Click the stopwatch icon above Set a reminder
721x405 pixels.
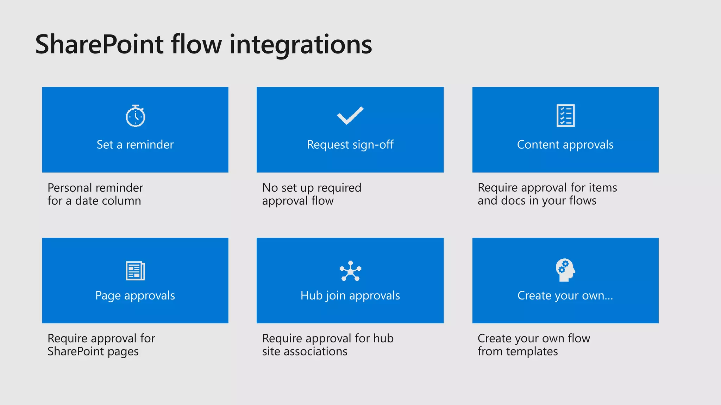136,116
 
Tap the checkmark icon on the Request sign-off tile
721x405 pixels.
350,115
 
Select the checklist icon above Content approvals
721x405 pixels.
565,115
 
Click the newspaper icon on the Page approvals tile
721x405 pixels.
136,271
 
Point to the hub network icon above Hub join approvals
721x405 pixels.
350,271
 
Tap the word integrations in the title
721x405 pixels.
301,45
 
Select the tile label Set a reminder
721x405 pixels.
135,144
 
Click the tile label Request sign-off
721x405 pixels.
350,144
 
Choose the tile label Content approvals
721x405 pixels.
565,144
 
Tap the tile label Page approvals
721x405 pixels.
135,295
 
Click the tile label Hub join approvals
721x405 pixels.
350,295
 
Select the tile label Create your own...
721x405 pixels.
565,295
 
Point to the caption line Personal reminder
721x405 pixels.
95,188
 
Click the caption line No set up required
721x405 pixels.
312,188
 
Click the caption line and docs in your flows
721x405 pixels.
537,201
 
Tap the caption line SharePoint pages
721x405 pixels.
93,352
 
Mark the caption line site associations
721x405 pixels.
305,352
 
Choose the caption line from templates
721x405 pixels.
518,352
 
